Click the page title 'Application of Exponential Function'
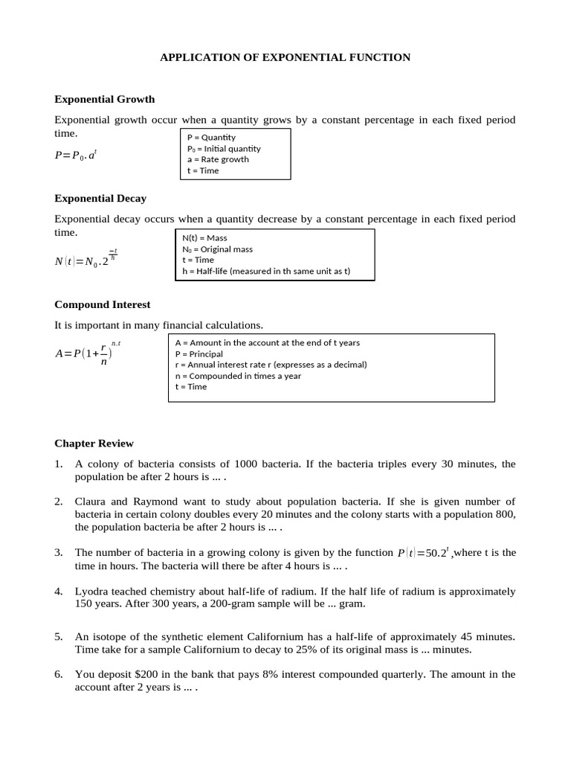[x=285, y=57]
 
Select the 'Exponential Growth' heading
[x=104, y=99]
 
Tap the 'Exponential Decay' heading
[x=100, y=199]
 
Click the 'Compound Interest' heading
[x=103, y=304]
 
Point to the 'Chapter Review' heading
[x=94, y=444]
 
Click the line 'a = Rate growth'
[x=218, y=159]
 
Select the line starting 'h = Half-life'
[x=266, y=271]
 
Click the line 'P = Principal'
[x=199, y=353]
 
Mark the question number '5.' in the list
[x=59, y=637]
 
